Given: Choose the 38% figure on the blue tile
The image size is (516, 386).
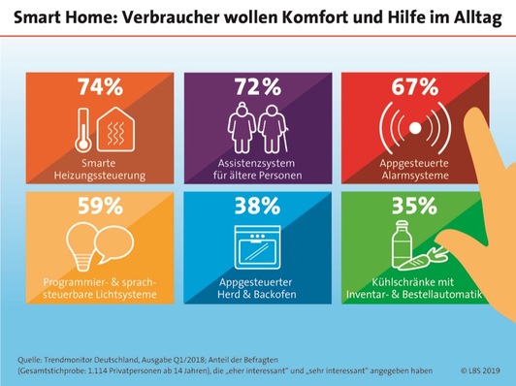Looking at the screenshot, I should point(257,207).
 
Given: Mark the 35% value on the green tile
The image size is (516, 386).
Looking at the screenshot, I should point(411,207).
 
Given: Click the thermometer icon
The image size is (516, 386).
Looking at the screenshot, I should point(86,127).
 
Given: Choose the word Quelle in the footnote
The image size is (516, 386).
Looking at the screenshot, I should point(32,359).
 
